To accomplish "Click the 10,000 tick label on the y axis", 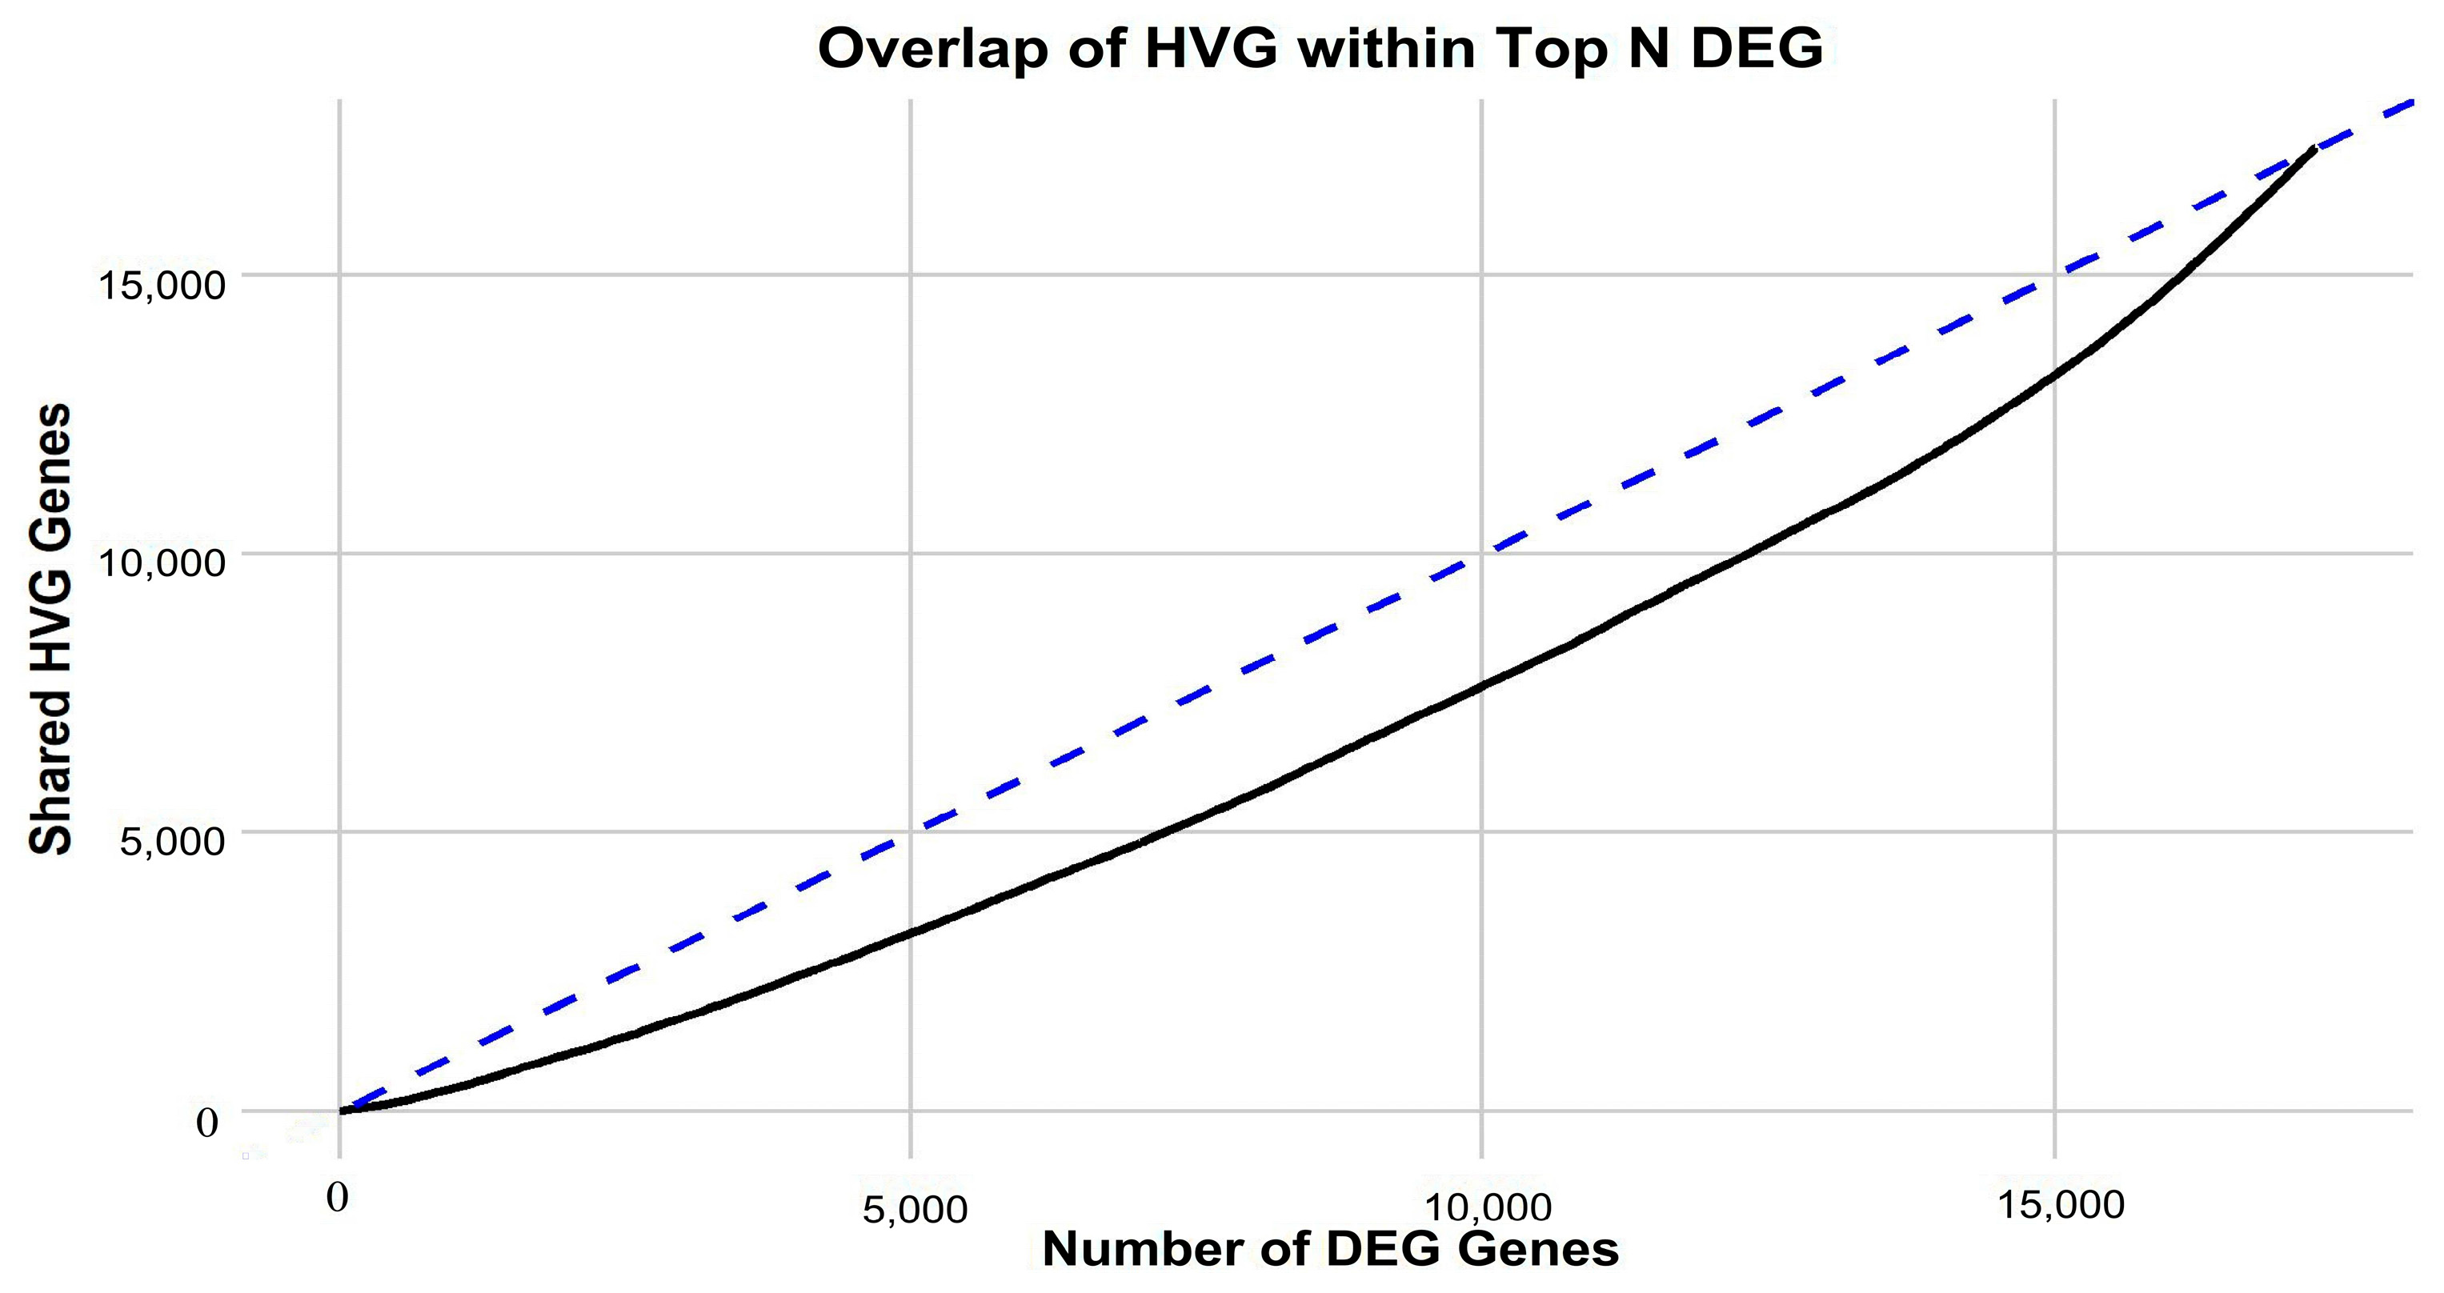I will [162, 562].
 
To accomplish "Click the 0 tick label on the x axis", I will [337, 1197].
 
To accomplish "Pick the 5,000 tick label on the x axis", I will [915, 1210].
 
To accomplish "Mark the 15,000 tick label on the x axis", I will [2061, 1205].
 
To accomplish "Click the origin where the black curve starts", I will [342, 1111].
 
